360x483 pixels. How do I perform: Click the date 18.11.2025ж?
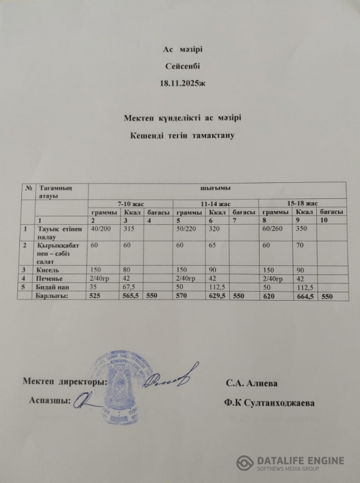click(x=180, y=84)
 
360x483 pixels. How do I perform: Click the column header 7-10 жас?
click(x=131, y=203)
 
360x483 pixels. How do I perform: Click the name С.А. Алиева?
click(x=252, y=383)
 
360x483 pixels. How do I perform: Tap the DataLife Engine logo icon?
click(x=245, y=463)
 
